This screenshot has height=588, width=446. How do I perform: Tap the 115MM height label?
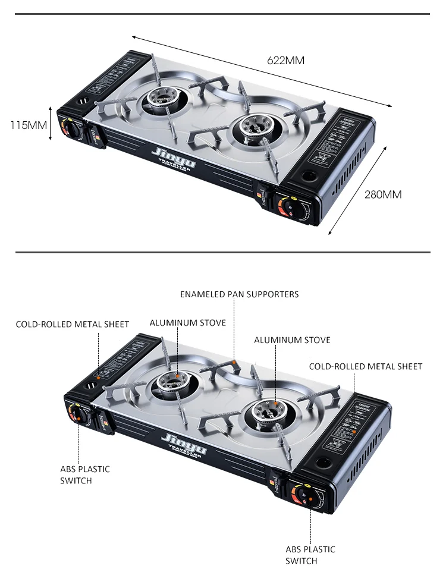click(x=28, y=125)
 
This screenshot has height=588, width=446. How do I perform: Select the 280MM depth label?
click(x=382, y=194)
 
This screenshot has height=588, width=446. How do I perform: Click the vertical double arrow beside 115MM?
click(x=51, y=125)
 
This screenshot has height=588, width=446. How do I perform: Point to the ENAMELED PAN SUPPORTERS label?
click(x=240, y=294)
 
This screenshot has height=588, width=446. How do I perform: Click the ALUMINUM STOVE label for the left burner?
click(x=187, y=323)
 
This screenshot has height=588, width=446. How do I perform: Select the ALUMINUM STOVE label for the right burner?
click(x=292, y=340)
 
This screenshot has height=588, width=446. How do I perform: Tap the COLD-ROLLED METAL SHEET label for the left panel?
click(x=72, y=324)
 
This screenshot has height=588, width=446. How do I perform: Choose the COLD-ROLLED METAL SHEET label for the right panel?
click(x=365, y=366)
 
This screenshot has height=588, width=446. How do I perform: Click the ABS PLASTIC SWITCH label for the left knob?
click(x=84, y=474)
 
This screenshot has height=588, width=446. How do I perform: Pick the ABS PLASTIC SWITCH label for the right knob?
click(x=310, y=555)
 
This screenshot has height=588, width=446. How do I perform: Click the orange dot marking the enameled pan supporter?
click(x=234, y=361)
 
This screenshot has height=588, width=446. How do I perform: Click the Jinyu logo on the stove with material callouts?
click(x=180, y=441)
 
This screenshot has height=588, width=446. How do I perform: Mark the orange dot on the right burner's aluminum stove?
click(x=276, y=404)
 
